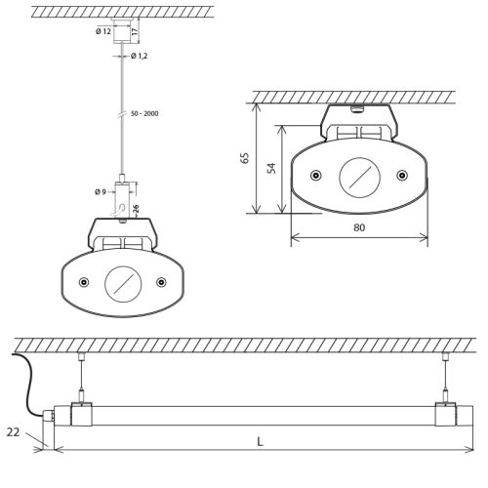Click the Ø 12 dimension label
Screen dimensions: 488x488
tap(103, 31)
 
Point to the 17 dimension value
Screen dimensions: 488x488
tap(135, 31)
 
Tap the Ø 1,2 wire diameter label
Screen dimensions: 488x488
tap(140, 56)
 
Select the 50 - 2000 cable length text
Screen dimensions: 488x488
tap(144, 113)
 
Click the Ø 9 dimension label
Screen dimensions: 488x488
tap(101, 192)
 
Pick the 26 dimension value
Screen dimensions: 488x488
tap(136, 209)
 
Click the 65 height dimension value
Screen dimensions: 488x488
tap(245, 158)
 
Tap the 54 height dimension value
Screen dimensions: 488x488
tap(271, 168)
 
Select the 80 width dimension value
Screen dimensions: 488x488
tap(359, 227)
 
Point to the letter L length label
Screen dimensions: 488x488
tap(260, 442)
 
